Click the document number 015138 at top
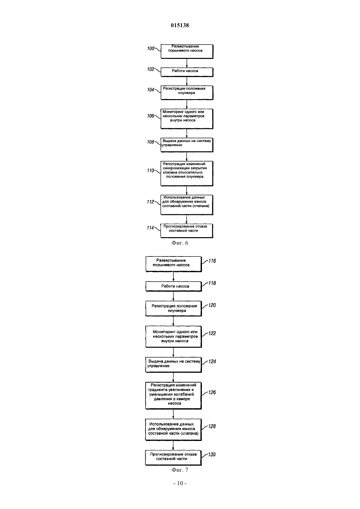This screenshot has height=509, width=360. coord(180,25)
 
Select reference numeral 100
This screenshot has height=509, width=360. coord(151,48)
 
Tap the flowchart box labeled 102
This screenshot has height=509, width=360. coord(187,72)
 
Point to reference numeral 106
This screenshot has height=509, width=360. coord(151,116)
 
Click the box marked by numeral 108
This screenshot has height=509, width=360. coord(187,145)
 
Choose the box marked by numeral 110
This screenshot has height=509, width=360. coord(187,174)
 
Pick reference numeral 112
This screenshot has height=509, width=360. coord(151,202)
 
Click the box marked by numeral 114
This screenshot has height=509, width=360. coord(187,231)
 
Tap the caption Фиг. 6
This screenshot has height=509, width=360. coord(180,243)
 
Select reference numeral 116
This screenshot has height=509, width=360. coord(212,261)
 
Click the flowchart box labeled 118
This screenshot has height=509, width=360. coord(174,287)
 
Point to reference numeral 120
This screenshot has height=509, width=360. coord(212,306)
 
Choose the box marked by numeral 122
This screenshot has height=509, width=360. coord(174,337)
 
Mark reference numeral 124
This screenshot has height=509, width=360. coord(212,361)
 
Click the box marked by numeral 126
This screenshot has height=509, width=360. coord(173,395)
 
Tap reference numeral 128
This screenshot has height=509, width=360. coord(212,427)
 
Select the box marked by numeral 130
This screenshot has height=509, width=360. coord(173,458)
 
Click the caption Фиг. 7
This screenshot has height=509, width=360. coord(180,470)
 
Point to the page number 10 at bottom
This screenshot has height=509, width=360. coord(180,483)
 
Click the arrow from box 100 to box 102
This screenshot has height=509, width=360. coord(187,63)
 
